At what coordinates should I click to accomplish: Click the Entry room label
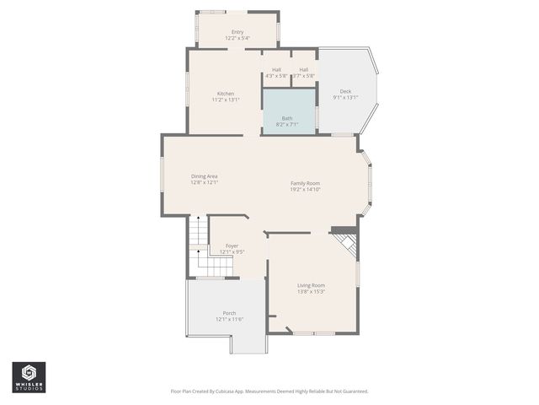coord(237,32)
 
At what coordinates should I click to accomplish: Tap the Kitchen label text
coord(226,94)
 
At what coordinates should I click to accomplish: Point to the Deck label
coord(345,91)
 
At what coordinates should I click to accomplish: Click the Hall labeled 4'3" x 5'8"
coord(276,70)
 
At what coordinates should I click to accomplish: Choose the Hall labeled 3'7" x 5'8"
coord(303,70)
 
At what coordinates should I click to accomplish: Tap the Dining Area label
coord(205,176)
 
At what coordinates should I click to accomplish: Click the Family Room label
coord(305,183)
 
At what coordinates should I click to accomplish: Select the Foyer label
coord(232,246)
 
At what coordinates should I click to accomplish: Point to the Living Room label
coord(311,285)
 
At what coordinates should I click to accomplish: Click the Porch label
coord(229,313)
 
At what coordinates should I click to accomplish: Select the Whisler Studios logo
coord(29,377)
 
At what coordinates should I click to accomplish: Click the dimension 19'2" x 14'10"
coord(305,189)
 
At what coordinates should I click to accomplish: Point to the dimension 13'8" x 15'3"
coord(311,292)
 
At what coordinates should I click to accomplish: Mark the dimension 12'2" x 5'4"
coord(237,38)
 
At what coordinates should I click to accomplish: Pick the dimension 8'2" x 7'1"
coord(287,124)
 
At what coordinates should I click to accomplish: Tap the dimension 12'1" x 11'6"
coord(229,319)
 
